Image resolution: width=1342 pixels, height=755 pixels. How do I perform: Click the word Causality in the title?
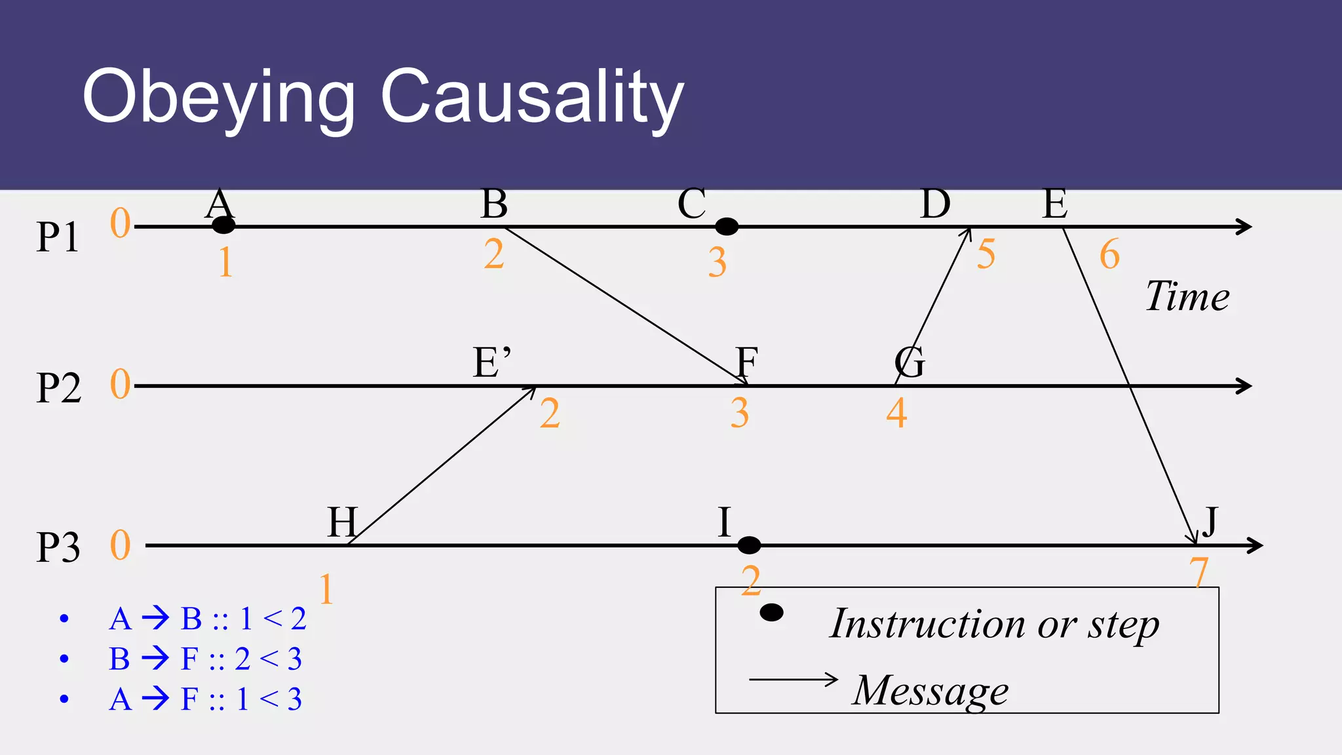(x=532, y=97)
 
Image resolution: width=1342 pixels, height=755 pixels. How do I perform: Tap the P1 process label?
(x=58, y=237)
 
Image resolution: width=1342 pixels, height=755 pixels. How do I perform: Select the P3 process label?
(x=58, y=548)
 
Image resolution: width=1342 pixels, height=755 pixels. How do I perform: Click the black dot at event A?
(x=223, y=225)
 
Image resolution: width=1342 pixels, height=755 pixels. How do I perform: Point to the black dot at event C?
(x=726, y=227)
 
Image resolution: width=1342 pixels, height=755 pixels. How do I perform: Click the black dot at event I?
(x=749, y=545)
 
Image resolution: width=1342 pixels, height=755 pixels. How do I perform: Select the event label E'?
(x=491, y=362)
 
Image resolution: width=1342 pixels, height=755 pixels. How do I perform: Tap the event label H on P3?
(x=343, y=522)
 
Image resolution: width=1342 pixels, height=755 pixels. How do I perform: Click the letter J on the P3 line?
(x=1209, y=522)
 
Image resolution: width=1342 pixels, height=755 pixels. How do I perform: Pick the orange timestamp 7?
(x=1198, y=572)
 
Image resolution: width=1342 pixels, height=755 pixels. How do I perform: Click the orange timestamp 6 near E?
(x=1109, y=254)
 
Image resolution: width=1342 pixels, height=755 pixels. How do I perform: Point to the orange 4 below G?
(x=896, y=414)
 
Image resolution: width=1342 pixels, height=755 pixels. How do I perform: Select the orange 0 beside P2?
(x=121, y=384)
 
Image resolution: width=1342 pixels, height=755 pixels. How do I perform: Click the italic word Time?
(x=1187, y=296)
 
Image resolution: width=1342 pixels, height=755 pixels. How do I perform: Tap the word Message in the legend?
(x=930, y=690)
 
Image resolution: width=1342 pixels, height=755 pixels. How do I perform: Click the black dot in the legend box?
(x=771, y=613)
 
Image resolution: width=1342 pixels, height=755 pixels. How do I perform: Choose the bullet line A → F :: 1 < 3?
(x=205, y=699)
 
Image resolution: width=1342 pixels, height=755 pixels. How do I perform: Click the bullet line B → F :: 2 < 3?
(x=205, y=659)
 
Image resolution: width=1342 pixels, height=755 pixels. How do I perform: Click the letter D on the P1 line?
(x=935, y=204)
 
